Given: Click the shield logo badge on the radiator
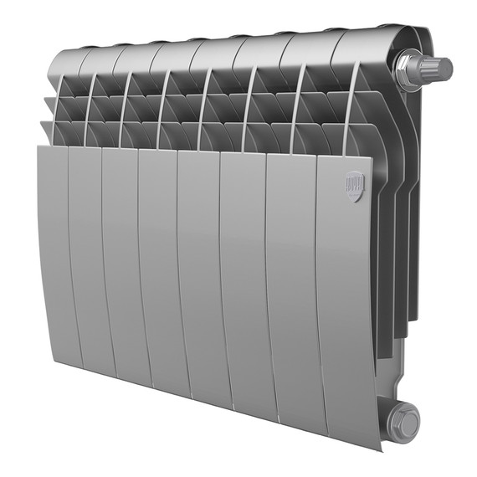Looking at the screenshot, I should (356, 186).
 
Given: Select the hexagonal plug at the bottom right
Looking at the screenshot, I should (406, 422).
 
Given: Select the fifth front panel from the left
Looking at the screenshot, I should (198, 276).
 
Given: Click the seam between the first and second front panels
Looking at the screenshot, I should (69, 251).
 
